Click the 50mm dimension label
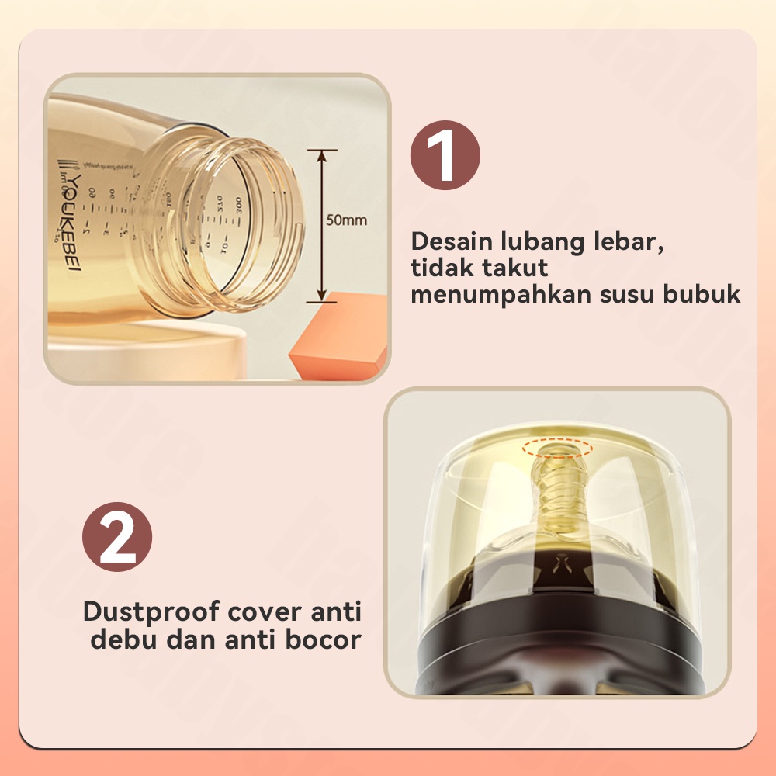click(x=346, y=220)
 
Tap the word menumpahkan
click(x=497, y=296)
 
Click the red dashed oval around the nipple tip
click(x=556, y=448)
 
